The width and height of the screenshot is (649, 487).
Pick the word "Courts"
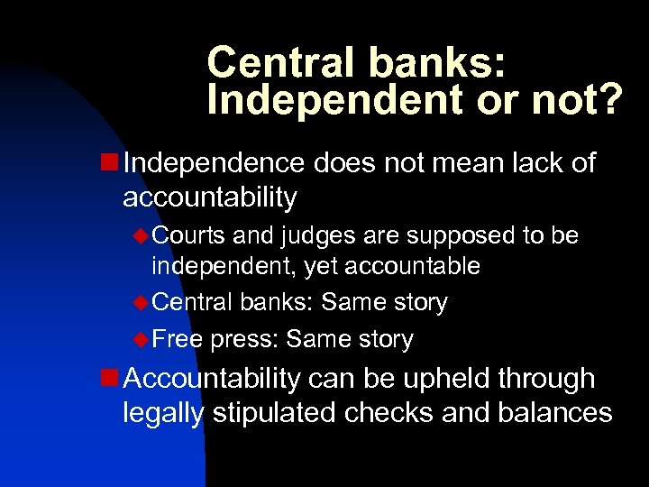[188, 236]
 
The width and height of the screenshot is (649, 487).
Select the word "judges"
[308, 237]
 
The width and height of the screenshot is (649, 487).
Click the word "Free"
[178, 339]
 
